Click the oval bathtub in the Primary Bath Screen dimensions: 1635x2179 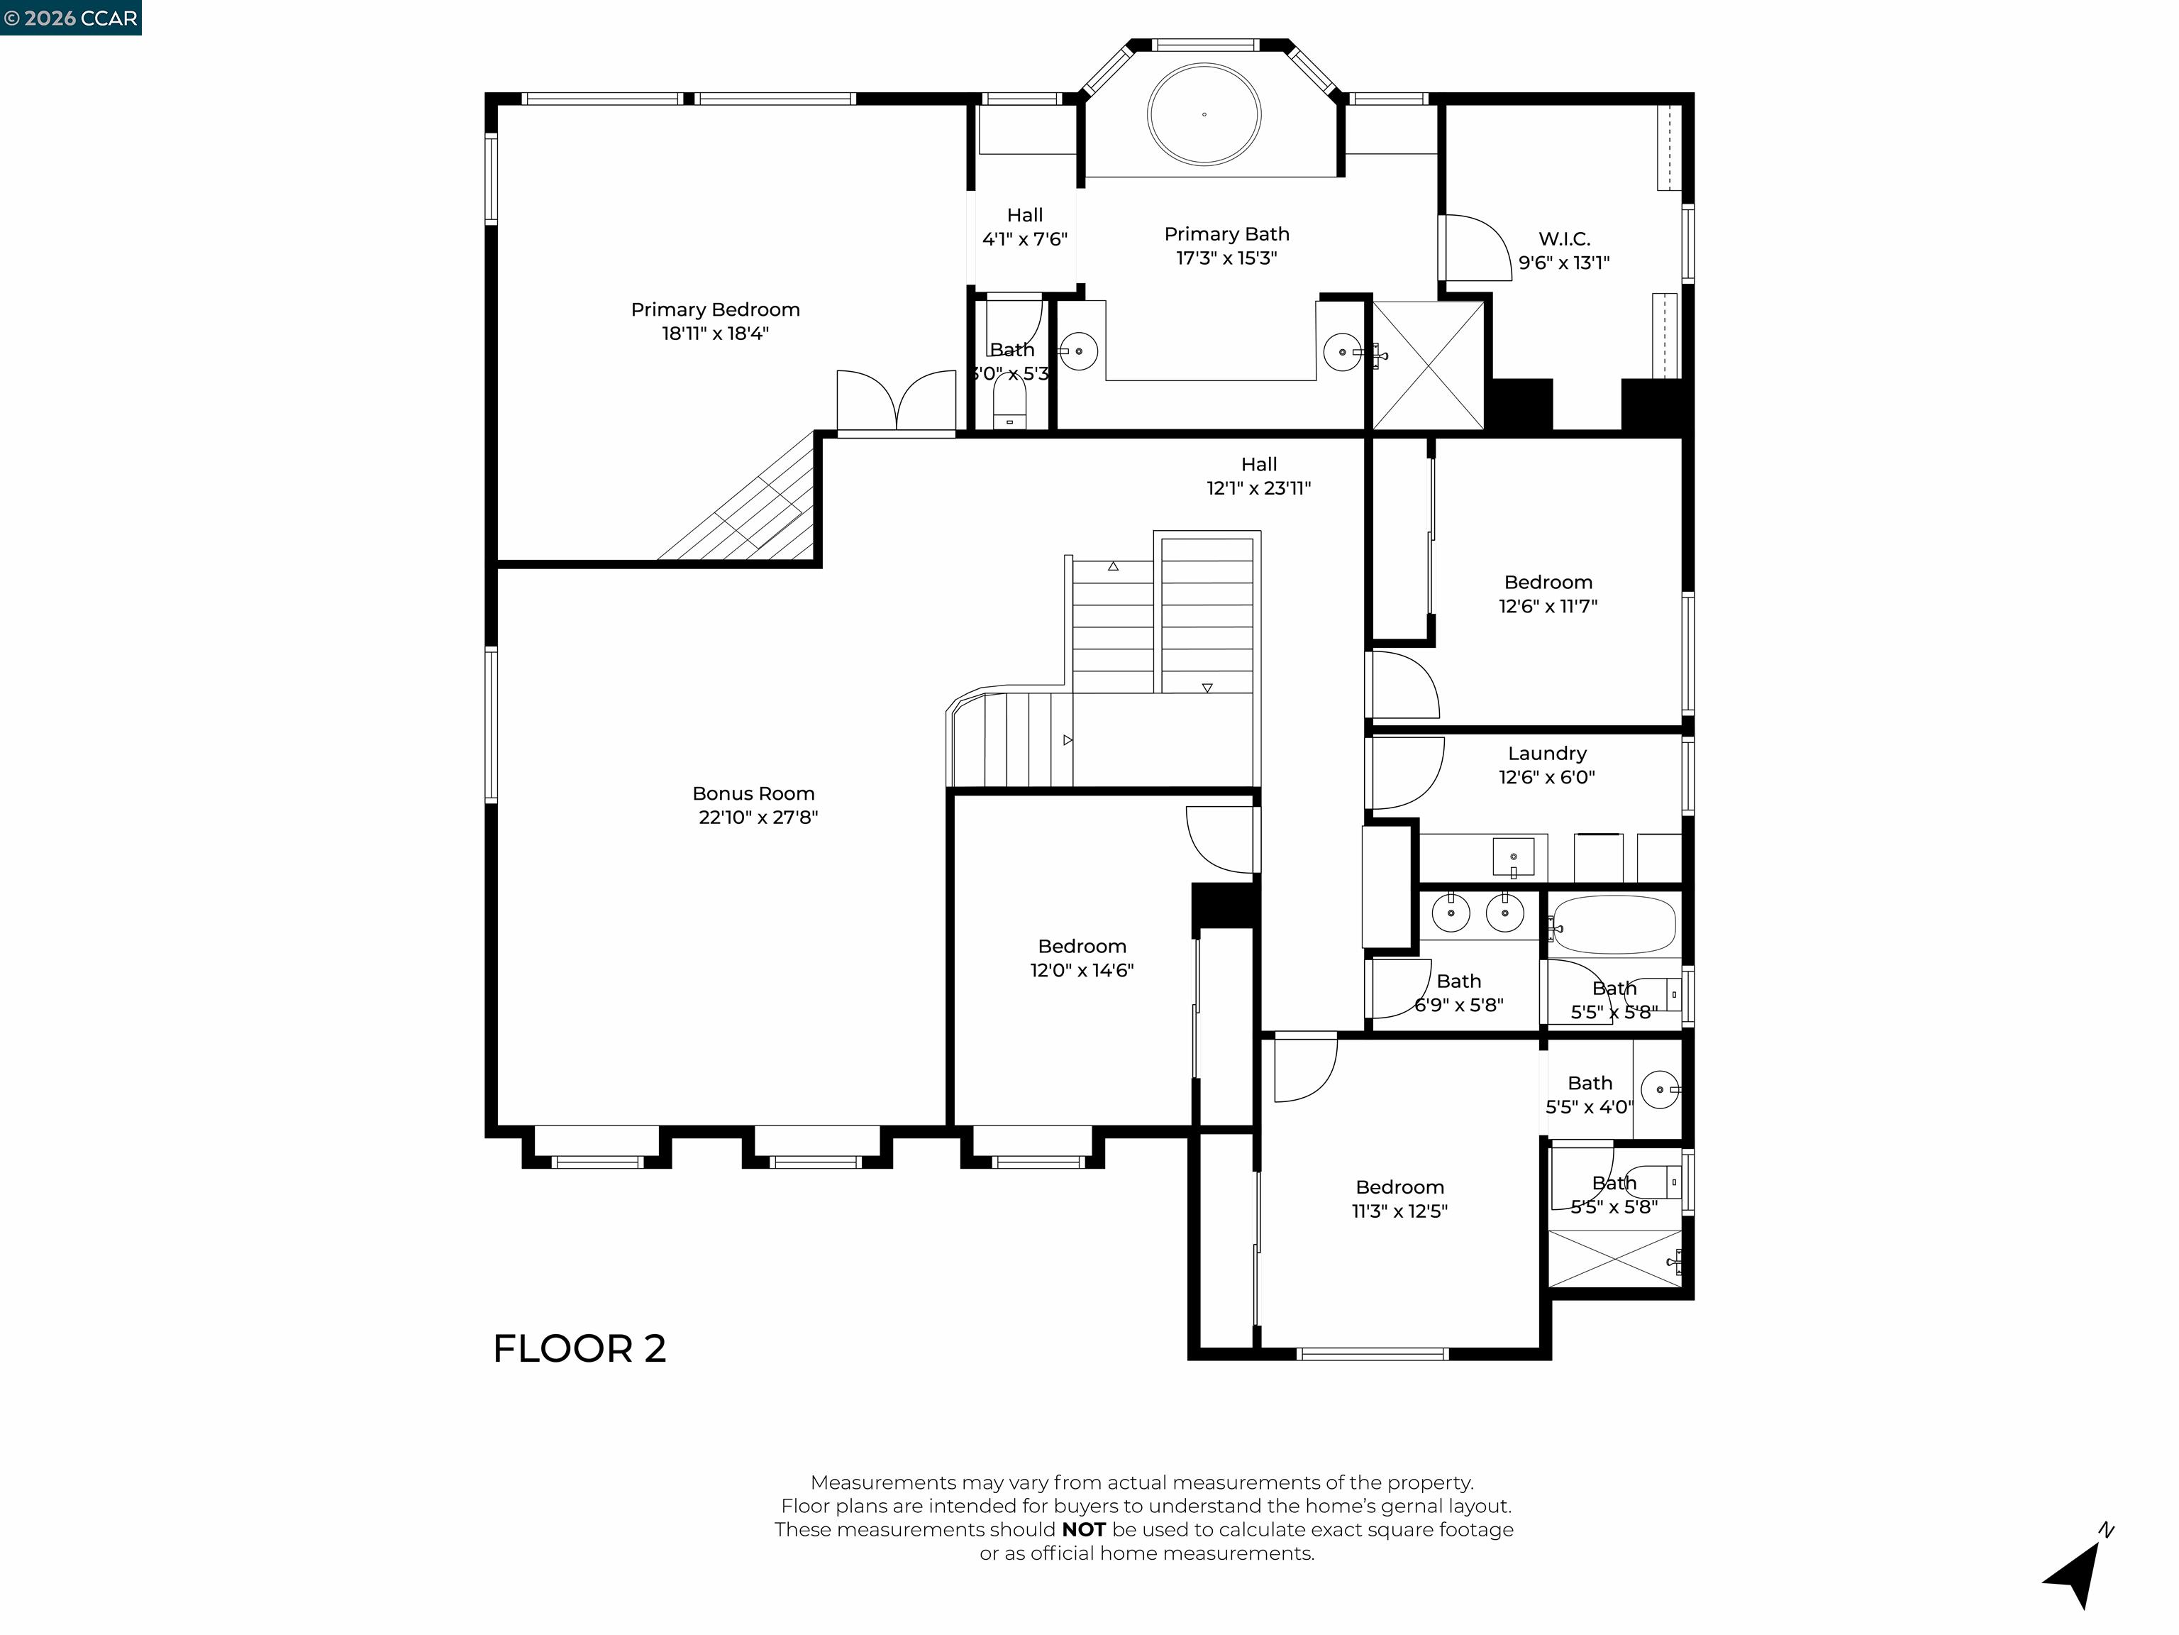(1203, 115)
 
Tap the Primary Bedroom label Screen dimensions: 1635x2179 (715, 309)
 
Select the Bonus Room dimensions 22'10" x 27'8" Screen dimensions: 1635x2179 (758, 817)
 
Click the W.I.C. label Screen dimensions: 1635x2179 (1563, 238)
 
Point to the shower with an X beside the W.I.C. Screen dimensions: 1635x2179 (1427, 365)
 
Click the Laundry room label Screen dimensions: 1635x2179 (1546, 753)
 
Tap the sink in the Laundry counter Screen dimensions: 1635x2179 (1513, 857)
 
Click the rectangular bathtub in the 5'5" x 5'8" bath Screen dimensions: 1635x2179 (1612, 925)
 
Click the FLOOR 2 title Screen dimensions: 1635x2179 (580, 1348)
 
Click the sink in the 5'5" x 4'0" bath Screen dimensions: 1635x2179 (1660, 1090)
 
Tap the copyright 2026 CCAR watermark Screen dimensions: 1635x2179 (71, 18)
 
